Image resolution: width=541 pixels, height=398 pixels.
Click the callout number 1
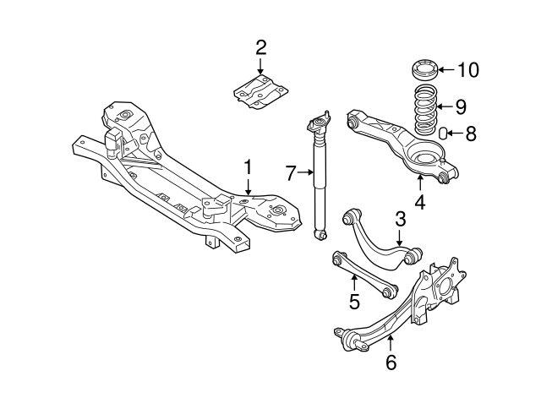tap(248, 167)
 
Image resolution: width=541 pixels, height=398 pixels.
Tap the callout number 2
tap(260, 46)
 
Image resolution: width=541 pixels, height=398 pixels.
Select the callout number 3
tap(400, 219)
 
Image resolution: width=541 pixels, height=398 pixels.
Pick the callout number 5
tap(355, 299)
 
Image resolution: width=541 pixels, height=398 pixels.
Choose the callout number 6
tap(390, 363)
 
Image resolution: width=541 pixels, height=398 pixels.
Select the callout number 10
tap(467, 69)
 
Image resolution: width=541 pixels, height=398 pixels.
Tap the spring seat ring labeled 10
tap(424, 68)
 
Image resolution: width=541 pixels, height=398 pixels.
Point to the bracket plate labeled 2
tap(260, 90)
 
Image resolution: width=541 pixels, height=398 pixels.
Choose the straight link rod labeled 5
tap(363, 271)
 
